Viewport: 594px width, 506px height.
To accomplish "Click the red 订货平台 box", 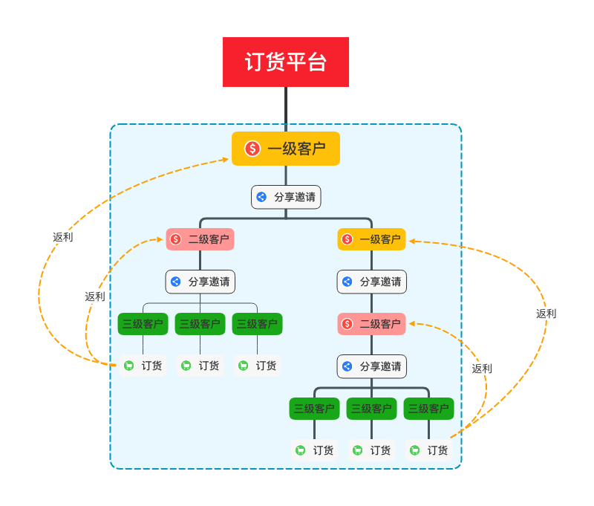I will (x=286, y=62).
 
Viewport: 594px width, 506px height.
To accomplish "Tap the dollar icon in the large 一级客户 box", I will (x=252, y=149).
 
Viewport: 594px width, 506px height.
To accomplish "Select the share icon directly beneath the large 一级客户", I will (x=261, y=197).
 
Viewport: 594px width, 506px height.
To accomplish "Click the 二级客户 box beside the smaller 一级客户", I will (x=200, y=239).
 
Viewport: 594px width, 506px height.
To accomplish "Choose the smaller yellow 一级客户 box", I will (x=371, y=239).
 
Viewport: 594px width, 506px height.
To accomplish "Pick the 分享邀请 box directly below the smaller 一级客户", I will (x=371, y=282).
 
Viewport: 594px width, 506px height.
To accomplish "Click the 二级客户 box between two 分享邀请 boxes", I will (x=371, y=324).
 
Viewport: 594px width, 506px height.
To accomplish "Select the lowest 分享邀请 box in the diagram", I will (x=371, y=366).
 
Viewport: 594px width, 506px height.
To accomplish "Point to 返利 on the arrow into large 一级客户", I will (x=63, y=237).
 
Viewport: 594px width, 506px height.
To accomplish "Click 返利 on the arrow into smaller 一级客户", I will (x=546, y=314).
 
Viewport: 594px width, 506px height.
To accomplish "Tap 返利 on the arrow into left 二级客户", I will (x=95, y=296).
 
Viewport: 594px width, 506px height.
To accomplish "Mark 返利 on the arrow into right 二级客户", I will (x=482, y=369).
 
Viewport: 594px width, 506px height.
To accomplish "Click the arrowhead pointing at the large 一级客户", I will (x=226, y=158).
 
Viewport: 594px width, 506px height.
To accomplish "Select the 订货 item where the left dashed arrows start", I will (x=143, y=366).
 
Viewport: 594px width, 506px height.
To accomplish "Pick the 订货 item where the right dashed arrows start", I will (x=429, y=450).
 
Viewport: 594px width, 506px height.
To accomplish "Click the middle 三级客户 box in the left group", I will (x=200, y=324).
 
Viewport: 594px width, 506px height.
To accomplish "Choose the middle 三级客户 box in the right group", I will (x=371, y=409).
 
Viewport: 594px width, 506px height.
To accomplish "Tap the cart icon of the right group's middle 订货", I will (x=357, y=450).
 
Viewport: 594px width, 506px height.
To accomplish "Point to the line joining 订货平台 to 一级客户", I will (x=286, y=108).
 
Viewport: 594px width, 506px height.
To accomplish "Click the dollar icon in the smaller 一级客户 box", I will (x=347, y=239).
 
